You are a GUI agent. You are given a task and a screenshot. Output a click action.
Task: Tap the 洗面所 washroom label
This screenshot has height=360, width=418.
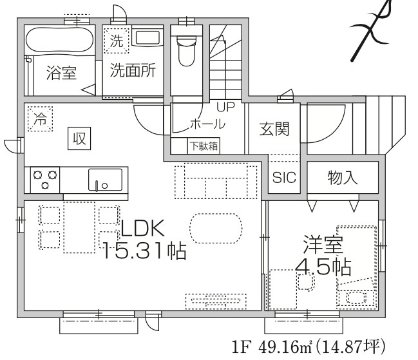(132, 71)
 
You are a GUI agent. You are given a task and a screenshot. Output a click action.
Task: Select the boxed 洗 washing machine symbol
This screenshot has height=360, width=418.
(116, 43)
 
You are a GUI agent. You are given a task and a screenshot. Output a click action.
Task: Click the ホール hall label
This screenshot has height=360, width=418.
(207, 123)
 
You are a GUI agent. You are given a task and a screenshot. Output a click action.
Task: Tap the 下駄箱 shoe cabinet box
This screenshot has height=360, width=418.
(203, 146)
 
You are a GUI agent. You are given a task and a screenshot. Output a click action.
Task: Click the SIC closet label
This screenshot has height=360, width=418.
(284, 177)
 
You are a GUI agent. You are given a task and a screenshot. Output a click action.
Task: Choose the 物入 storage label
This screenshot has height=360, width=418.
(342, 177)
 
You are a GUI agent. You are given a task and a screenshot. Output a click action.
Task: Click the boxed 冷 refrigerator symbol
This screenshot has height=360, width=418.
(41, 119)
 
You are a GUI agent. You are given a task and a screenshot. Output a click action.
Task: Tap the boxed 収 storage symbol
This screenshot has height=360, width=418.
(80, 138)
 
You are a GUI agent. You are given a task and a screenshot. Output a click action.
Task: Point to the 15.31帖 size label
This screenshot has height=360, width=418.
(145, 249)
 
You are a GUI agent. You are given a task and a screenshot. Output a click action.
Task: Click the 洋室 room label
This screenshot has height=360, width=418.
(323, 244)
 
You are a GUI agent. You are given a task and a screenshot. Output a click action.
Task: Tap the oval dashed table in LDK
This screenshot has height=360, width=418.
(216, 227)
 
